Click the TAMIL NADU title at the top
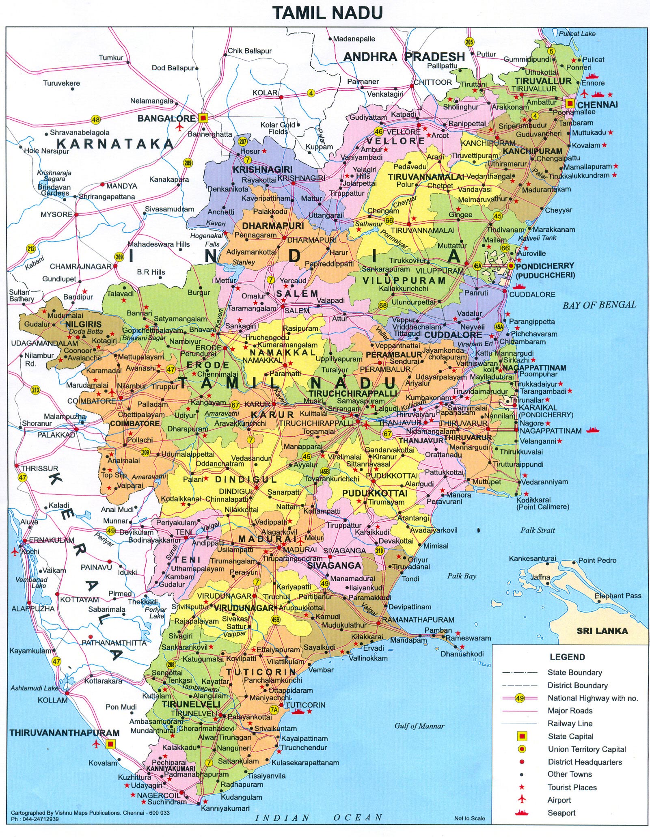pos(327,13)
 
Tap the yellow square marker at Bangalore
pos(203,118)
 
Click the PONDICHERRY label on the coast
pos(545,266)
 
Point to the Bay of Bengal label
pos(599,305)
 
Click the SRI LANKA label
pos(602,631)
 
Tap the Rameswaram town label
pos(469,638)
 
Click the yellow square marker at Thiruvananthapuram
pos(110,744)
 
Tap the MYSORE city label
pos(56,214)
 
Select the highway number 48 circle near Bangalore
pos(95,120)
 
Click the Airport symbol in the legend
pos(522,799)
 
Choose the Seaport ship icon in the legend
pos(522,812)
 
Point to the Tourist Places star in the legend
pos(522,787)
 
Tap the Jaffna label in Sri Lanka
pos(540,577)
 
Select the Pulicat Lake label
pos(577,34)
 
